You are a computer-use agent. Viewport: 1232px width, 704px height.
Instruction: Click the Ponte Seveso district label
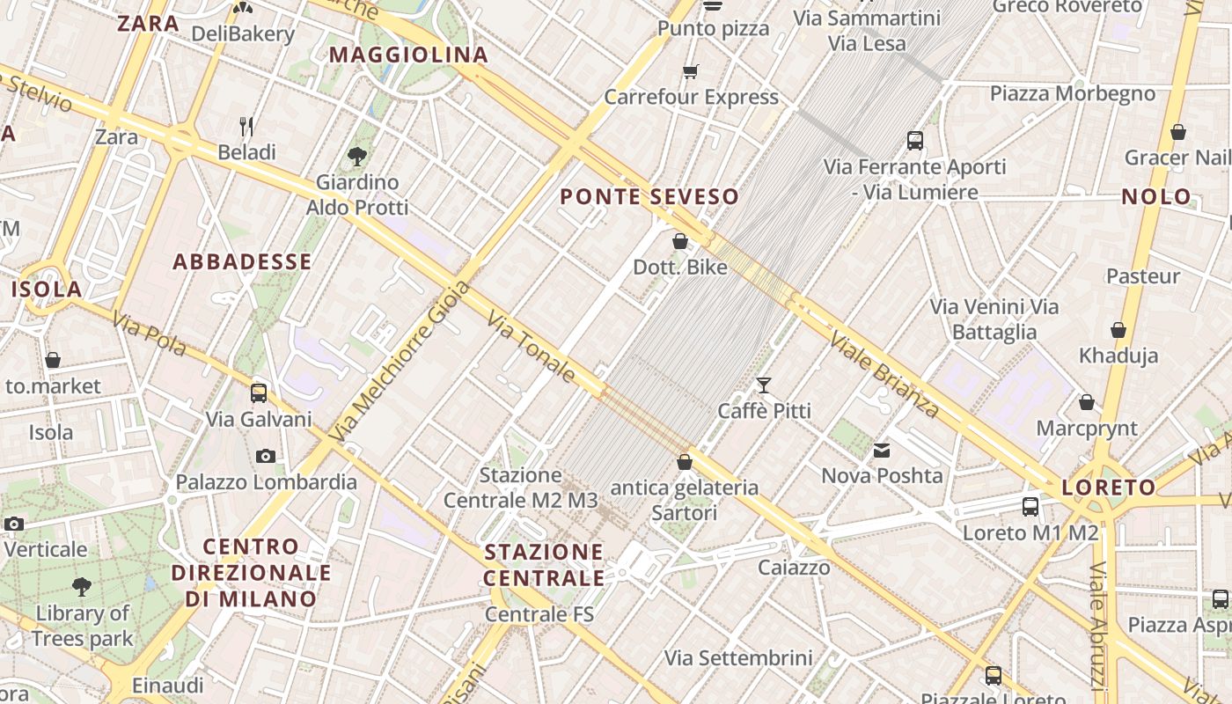point(649,196)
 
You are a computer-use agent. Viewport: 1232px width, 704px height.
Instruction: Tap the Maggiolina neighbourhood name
point(408,55)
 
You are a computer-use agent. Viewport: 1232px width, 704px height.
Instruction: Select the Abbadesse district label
point(242,261)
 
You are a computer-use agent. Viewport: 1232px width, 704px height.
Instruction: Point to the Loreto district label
point(1109,488)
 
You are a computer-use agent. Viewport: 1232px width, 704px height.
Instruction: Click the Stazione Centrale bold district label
point(545,565)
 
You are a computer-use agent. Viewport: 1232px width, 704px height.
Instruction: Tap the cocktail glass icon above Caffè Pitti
point(764,385)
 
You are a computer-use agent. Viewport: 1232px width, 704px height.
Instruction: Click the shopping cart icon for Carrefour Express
point(691,71)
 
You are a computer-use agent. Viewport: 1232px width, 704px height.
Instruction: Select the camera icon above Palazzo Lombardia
point(266,456)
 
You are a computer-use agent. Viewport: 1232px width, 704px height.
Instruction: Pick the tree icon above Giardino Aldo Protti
point(357,157)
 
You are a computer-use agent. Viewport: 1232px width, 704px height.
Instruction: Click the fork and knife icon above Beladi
point(247,127)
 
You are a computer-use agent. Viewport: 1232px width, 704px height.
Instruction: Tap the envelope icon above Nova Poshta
point(882,451)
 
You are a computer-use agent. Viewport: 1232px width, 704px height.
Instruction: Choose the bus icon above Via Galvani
point(259,392)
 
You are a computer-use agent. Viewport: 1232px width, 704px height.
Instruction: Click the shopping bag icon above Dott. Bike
point(680,241)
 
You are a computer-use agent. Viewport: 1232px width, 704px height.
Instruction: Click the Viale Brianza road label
point(884,373)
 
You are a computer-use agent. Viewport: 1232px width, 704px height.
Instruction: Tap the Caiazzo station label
point(795,568)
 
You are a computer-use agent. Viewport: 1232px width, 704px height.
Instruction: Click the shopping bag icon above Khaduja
point(1118,330)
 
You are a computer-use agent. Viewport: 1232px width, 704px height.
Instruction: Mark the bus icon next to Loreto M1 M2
point(1030,507)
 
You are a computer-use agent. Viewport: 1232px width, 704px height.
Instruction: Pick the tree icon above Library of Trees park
point(82,586)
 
